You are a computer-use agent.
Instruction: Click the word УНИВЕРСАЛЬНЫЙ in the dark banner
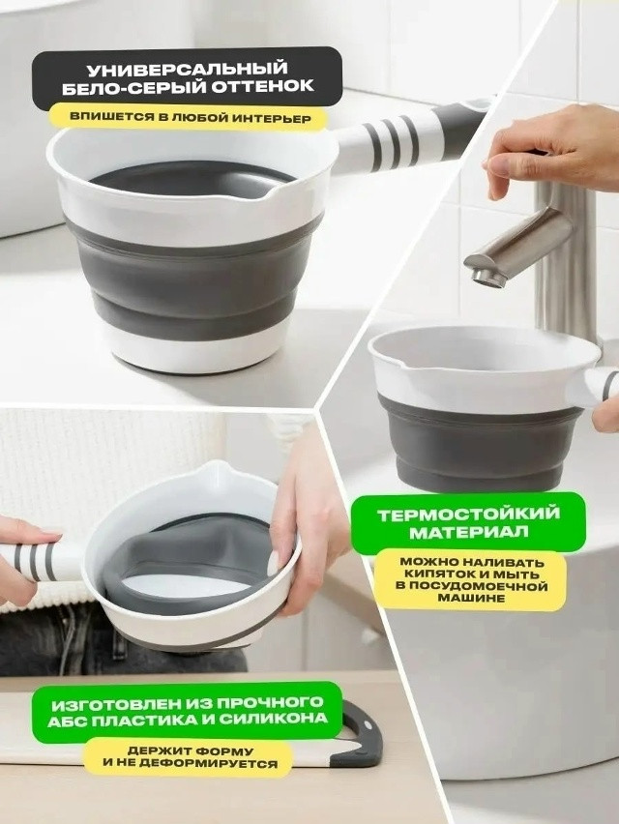pyautogui.click(x=188, y=70)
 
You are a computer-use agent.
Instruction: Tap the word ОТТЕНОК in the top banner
pyautogui.click(x=262, y=86)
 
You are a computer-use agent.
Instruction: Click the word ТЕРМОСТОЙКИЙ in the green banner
pyautogui.click(x=469, y=514)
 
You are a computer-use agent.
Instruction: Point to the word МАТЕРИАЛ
pyautogui.click(x=469, y=532)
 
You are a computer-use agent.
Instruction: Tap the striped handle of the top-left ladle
pyautogui.click(x=408, y=137)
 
